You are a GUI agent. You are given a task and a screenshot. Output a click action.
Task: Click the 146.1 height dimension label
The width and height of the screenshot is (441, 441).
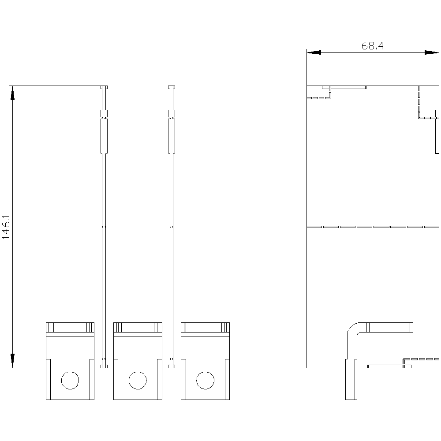tap(6, 227)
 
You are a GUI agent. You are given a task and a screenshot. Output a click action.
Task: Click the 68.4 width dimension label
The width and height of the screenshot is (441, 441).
tap(372, 45)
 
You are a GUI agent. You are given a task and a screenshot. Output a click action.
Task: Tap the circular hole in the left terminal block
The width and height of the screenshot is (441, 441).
tap(70, 380)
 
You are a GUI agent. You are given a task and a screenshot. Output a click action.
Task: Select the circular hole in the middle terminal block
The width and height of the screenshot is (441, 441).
tap(138, 380)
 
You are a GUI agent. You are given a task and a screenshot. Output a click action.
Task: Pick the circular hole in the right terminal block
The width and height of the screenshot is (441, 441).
tap(206, 380)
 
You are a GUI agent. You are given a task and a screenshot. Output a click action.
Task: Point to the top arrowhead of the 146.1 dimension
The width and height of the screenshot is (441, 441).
tap(12, 93)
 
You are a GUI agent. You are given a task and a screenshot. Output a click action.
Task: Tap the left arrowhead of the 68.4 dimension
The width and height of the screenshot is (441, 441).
tap(314, 52)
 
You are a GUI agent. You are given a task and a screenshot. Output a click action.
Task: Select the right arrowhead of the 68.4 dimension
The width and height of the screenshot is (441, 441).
tap(431, 52)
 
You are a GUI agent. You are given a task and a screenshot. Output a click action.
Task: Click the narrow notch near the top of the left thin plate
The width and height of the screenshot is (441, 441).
tap(104, 114)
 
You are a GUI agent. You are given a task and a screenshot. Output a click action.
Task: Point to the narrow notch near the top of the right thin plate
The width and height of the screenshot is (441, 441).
tap(172, 114)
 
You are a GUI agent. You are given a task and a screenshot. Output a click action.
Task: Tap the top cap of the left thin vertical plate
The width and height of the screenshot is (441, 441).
tap(104, 87)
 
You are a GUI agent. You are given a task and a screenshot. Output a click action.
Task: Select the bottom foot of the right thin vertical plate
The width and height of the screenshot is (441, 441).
tap(172, 366)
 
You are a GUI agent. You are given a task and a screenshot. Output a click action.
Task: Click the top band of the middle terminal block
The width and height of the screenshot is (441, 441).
tap(138, 327)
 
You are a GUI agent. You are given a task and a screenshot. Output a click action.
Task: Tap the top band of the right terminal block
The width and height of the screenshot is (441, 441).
tap(206, 327)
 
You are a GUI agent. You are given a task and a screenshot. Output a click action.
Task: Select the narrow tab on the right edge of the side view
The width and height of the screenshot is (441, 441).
tap(437, 131)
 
